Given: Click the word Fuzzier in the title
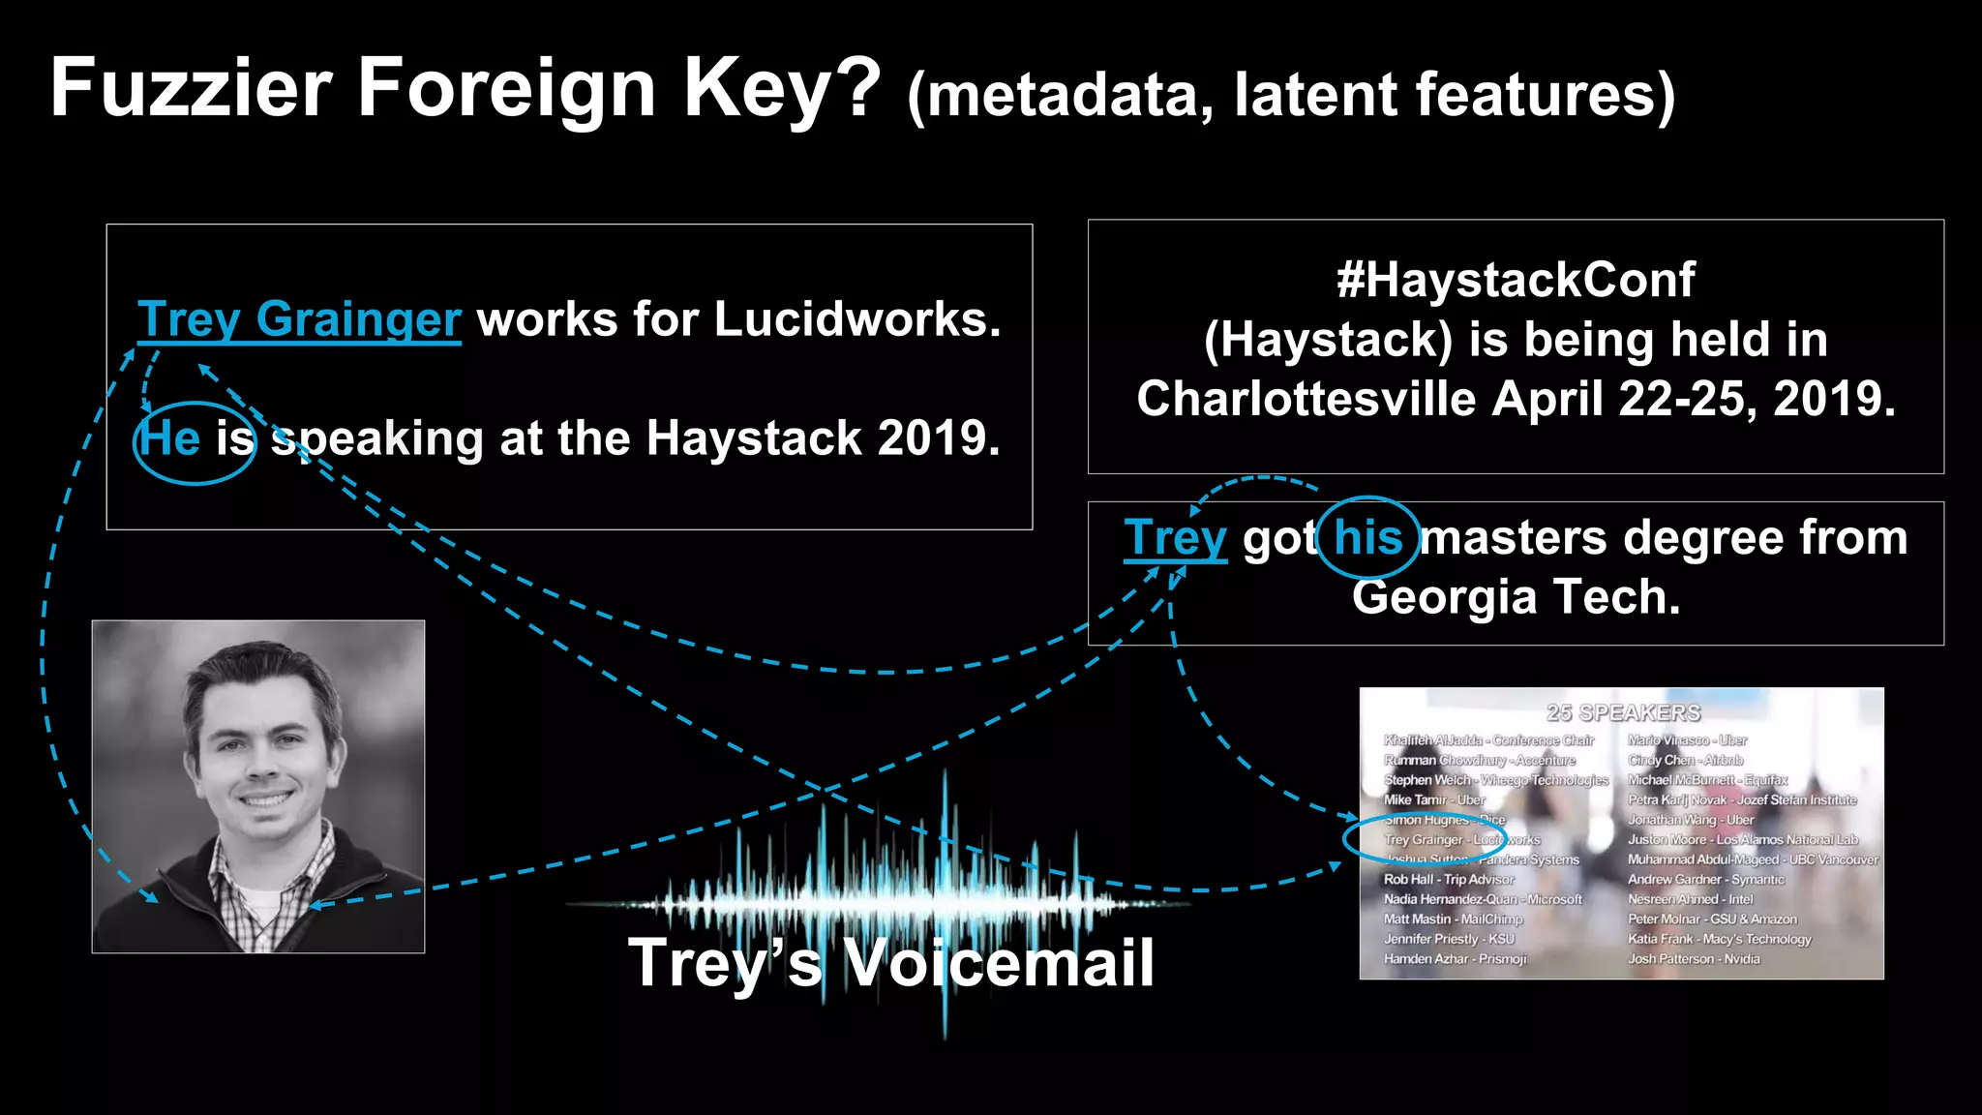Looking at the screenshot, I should [191, 89].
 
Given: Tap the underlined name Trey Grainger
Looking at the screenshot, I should [299, 319].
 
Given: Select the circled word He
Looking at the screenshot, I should [170, 438].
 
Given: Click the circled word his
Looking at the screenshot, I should [1367, 537].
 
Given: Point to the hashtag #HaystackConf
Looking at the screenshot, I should [1516, 281].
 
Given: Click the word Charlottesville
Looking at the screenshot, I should [1306, 399].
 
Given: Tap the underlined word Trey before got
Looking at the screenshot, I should [1175, 538].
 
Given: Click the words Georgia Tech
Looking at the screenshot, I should [1516, 597].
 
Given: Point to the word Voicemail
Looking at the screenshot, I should [999, 964].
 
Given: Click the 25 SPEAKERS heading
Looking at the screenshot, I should [1623, 713].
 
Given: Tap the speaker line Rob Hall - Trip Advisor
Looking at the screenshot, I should [1449, 880].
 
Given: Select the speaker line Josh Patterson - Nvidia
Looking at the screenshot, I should [1694, 959].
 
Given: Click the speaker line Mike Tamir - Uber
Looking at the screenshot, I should [1434, 800].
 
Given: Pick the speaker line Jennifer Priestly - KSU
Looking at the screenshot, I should [1449, 939].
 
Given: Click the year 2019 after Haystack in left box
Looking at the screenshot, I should [938, 438].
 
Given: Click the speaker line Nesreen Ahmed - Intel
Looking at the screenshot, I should [1690, 899].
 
